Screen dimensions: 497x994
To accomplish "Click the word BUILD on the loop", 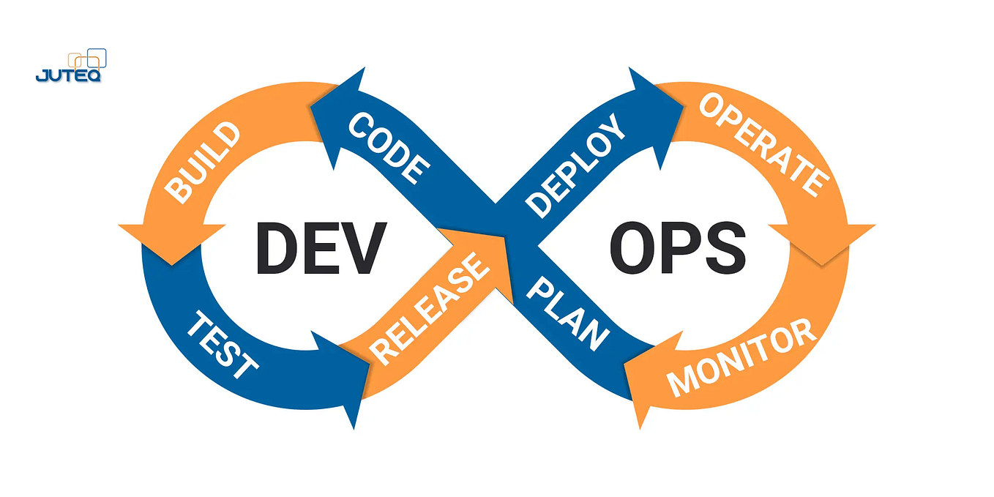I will click(x=202, y=162).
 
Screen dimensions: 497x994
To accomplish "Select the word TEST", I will click(x=223, y=344).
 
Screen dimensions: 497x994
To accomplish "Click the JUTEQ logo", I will click(x=70, y=67).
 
